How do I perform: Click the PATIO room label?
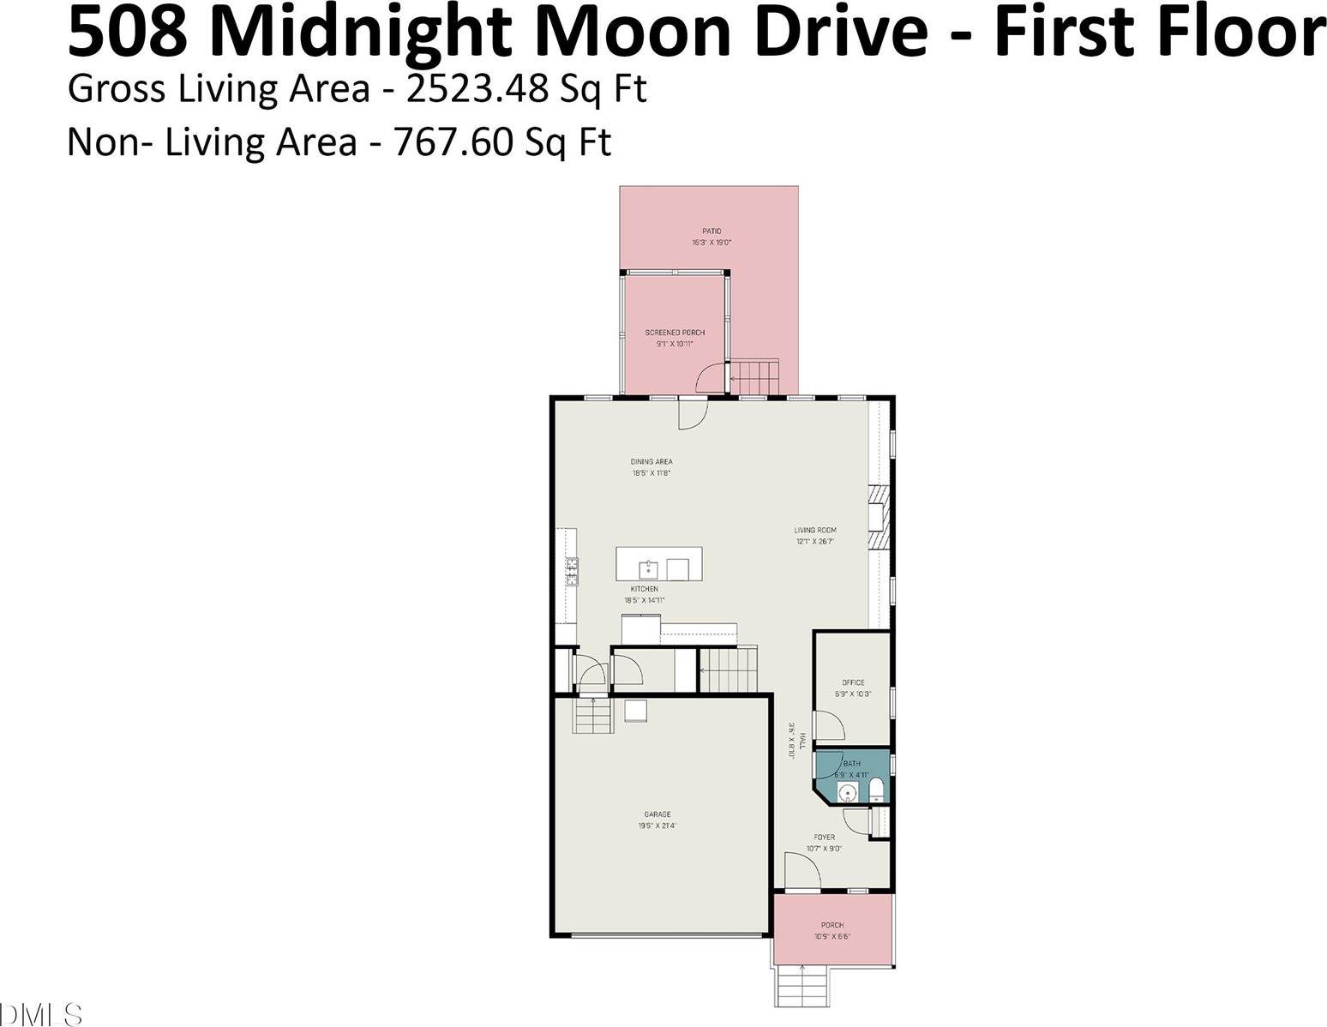coord(712,231)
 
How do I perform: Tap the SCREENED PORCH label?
coord(675,333)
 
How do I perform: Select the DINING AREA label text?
coord(651,462)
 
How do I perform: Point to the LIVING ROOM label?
coord(814,531)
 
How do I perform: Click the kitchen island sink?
coord(649,568)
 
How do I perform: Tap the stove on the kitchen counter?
coord(571,571)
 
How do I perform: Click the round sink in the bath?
coord(847,791)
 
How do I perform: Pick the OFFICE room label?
coord(853,683)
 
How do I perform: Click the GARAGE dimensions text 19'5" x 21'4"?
coord(657,826)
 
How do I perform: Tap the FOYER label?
coord(824,838)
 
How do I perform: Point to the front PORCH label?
coord(832,925)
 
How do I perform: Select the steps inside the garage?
coord(593,716)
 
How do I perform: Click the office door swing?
coord(827,727)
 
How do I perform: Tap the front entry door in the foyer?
coord(802,872)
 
